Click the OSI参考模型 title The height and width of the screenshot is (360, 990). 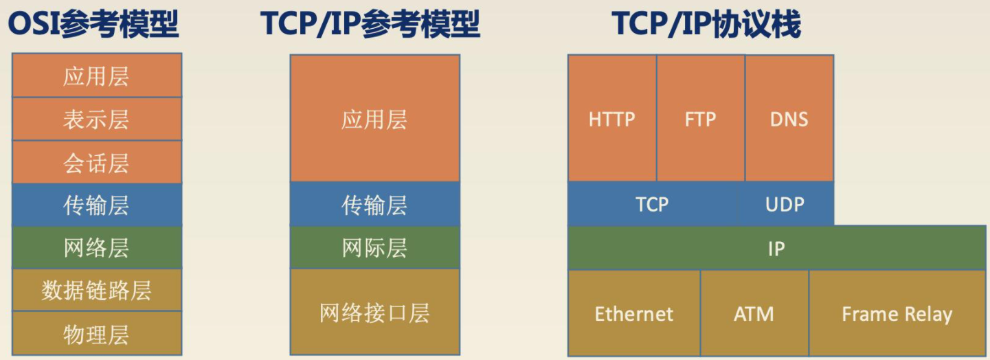pos(93,24)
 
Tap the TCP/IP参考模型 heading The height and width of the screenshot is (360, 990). pos(370,24)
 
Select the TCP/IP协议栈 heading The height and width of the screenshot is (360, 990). pos(706,24)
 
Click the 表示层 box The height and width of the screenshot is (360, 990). pos(97,119)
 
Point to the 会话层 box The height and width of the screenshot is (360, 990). pos(97,162)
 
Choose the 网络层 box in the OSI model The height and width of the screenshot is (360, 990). pos(97,248)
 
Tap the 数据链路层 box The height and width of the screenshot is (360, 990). pos(97,290)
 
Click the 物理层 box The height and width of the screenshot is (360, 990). pos(97,333)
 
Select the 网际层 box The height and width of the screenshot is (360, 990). pos(375,248)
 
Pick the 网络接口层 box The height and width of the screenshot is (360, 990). pos(375,313)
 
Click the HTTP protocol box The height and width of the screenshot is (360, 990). pos(612,118)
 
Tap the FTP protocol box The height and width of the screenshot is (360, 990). pos(701,118)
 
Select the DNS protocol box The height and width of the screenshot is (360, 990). pos(789,118)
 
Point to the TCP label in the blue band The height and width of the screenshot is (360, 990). pos(652,205)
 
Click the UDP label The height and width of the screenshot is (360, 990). pos(785,205)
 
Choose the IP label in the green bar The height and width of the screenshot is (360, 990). pos(776,249)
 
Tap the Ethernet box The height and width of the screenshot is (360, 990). pos(634,313)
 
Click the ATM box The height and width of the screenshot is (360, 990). pos(754,313)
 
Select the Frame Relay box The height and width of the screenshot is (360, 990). pos(897,313)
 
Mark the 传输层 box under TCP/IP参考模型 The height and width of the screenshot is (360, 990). pos(375,205)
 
